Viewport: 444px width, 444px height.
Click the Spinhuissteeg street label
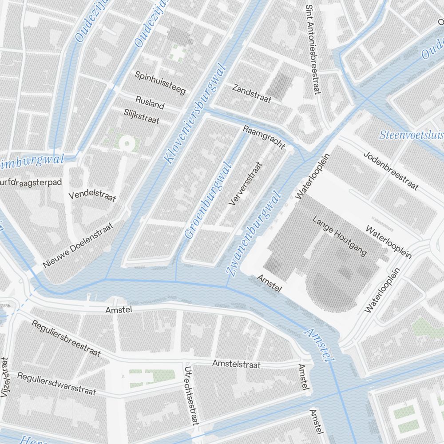coord(160,83)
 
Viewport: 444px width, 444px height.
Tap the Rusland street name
coord(150,103)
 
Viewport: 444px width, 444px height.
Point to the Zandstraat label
coord(251,93)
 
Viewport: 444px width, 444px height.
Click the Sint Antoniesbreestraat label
coord(313,49)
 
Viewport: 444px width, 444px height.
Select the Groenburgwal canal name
coord(208,201)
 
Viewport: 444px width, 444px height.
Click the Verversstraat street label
coord(246,183)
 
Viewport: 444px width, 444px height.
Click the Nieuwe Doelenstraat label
coord(78,245)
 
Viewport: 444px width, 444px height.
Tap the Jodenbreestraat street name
coord(391,170)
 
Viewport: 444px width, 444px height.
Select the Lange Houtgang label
coord(340,236)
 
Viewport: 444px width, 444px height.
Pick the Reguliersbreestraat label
coord(66,337)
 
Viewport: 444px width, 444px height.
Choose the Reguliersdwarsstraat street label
coord(56,383)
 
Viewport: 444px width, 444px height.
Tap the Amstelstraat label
coord(236,364)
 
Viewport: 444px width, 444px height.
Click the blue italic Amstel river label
coord(318,345)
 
